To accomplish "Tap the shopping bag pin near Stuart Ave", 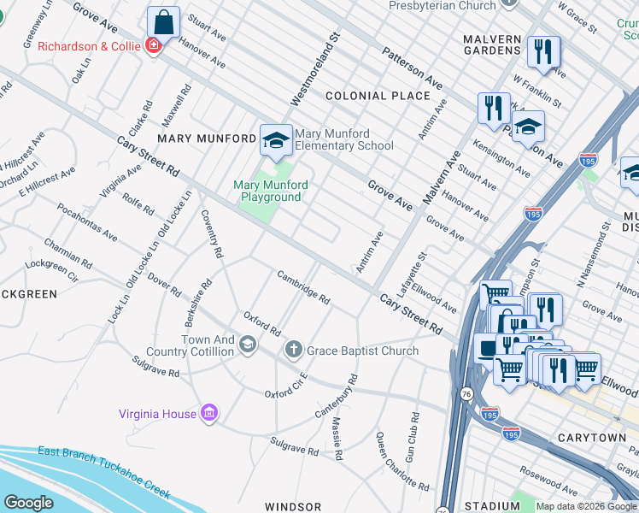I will (x=163, y=22).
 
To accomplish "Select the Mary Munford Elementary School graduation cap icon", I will (x=275, y=141).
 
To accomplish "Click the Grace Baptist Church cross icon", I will (x=293, y=349).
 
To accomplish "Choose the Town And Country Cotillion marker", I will (x=248, y=345).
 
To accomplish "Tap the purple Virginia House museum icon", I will (x=209, y=414).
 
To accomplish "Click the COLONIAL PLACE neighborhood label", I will (x=377, y=96).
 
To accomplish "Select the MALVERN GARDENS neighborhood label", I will (x=492, y=44).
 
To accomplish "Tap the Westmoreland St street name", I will (x=315, y=69).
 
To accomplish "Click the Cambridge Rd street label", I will (x=303, y=286).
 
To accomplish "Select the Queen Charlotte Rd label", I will (x=402, y=462).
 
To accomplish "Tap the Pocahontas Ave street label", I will (x=87, y=221).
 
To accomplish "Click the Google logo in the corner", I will (x=27, y=503).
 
